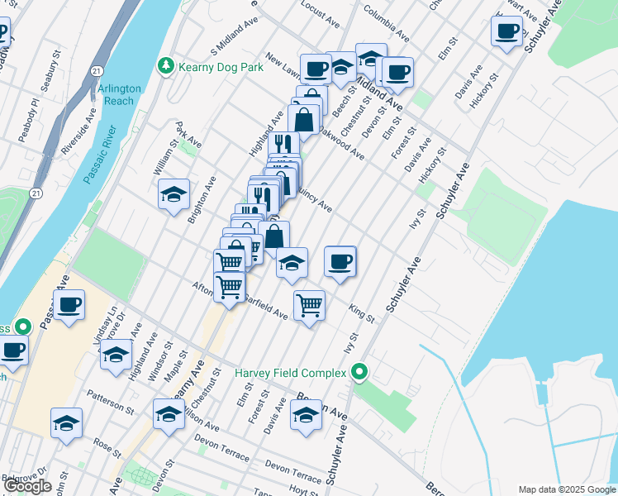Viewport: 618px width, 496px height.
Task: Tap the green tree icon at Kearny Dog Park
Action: (x=166, y=65)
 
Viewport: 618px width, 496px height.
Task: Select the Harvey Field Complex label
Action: (x=290, y=374)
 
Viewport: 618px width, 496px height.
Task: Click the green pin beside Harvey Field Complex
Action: (x=359, y=374)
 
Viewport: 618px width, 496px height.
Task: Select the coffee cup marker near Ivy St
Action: (x=340, y=262)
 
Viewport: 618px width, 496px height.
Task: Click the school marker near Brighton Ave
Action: (x=174, y=194)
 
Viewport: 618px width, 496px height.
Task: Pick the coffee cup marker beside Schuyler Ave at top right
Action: (x=507, y=31)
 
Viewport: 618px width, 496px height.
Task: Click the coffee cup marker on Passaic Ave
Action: (x=69, y=305)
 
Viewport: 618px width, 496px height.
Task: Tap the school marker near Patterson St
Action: (x=67, y=423)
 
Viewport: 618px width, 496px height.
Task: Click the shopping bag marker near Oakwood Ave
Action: (x=304, y=118)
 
